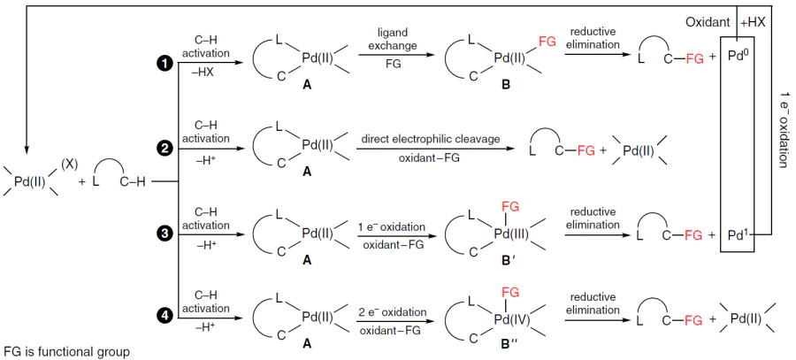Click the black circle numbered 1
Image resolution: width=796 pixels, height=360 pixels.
[165, 64]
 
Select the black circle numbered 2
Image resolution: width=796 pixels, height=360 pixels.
[165, 149]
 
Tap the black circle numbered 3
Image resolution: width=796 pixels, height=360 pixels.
[165, 234]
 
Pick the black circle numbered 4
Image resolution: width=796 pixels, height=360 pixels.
[165, 315]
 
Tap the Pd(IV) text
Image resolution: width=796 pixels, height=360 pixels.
[512, 318]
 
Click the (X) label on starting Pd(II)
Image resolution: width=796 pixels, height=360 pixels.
[68, 165]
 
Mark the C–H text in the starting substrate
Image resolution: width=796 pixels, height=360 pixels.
[133, 183]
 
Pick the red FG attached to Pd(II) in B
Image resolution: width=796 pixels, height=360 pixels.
[547, 42]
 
